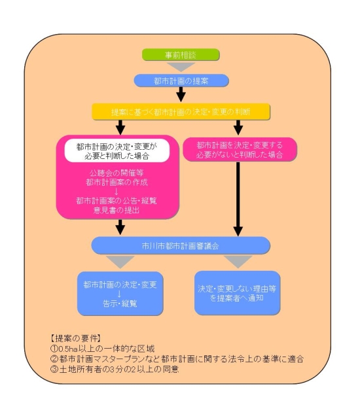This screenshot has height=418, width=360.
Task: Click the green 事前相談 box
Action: tap(181, 55)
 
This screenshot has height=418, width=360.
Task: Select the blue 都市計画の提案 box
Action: tap(181, 80)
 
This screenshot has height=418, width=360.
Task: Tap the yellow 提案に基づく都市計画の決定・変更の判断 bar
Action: tap(181, 111)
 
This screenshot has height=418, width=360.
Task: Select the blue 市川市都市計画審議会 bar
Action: tap(181, 246)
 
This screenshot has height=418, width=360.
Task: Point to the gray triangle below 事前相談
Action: tap(181, 67)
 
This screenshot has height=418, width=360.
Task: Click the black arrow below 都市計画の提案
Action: tap(181, 96)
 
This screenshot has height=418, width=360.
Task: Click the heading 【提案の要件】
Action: tap(75, 339)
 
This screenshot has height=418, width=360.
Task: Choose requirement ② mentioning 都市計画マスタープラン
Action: tap(177, 359)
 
